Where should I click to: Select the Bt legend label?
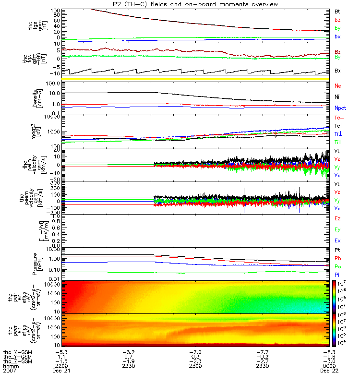click(337, 11)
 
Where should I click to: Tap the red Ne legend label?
click(338, 85)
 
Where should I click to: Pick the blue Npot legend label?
click(340, 108)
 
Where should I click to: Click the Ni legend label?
click(337, 97)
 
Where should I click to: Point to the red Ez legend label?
click(338, 218)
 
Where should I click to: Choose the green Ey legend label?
click(338, 230)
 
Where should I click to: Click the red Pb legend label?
click(338, 259)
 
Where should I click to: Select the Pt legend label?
click(337, 251)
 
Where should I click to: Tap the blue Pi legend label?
click(337, 274)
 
